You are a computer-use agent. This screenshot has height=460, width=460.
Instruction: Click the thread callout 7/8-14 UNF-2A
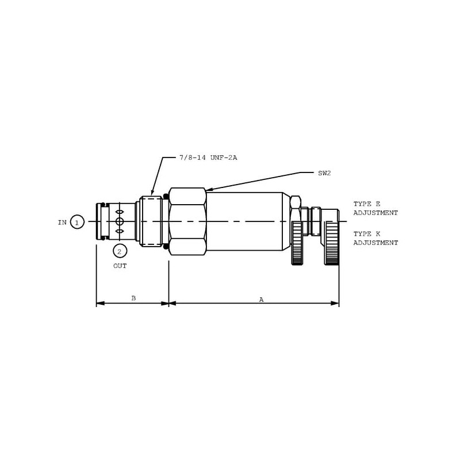208,158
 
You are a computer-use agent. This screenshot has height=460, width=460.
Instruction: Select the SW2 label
324,173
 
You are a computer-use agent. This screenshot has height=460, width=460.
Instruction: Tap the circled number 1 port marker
77,222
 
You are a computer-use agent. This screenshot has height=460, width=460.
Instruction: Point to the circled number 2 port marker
120,251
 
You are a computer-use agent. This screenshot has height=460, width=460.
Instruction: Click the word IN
62,223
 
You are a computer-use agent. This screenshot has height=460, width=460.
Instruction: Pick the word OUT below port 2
120,266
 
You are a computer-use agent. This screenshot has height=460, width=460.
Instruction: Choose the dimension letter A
261,300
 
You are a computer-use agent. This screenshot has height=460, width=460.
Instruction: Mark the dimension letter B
133,298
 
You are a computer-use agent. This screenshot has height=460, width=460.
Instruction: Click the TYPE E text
366,204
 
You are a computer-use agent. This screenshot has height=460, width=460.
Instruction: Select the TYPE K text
366,234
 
